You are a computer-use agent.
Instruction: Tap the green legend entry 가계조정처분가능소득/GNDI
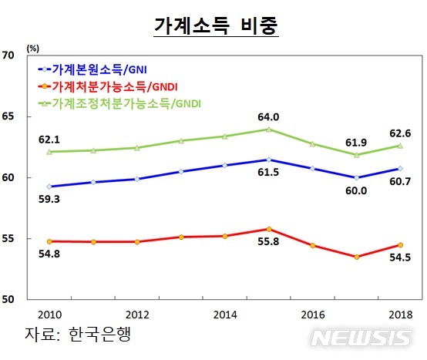point(119,103)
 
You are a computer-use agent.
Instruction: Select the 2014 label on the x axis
point(224,315)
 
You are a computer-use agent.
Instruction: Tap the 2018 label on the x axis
point(400,315)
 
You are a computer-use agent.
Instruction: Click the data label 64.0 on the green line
point(268,117)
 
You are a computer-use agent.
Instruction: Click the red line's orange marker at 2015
point(268,229)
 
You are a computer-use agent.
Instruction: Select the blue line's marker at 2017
point(356,177)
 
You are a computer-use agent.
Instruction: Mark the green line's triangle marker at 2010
point(49,152)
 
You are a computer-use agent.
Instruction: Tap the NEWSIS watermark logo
point(362,338)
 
